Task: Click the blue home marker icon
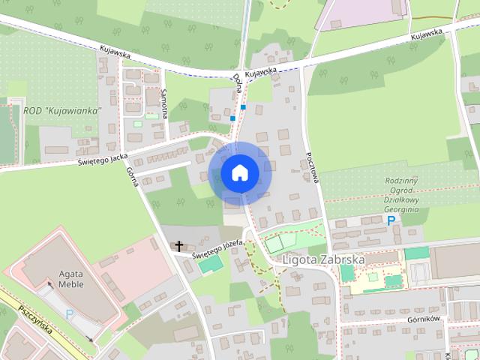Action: [239, 172]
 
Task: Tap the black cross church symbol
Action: [178, 246]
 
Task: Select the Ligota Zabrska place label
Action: [325, 260]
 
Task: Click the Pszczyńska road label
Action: [34, 310]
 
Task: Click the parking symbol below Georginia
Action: [373, 222]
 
